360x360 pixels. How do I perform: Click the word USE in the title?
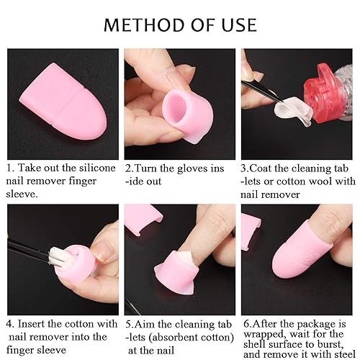[236, 24]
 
